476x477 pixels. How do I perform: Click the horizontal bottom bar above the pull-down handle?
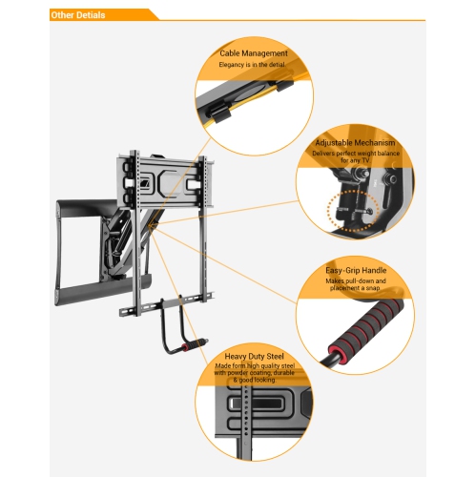[x=162, y=310]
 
